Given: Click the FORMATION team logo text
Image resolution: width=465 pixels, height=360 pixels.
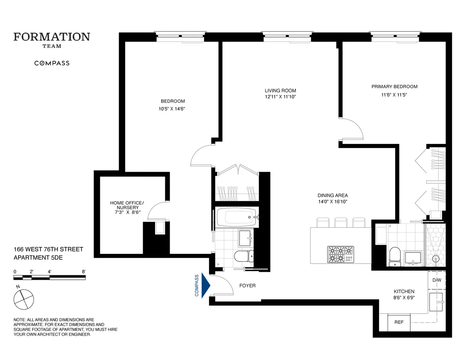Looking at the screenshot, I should tap(52, 37).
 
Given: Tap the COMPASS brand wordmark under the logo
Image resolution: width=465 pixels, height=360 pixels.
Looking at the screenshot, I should tap(52, 63).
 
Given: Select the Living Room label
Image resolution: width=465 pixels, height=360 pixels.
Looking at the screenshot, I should tap(280, 91).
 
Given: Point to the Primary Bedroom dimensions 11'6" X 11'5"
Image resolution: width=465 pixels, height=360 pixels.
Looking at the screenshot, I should tap(394, 95).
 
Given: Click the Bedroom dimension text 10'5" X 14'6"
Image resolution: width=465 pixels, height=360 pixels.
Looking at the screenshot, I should tap(172, 109).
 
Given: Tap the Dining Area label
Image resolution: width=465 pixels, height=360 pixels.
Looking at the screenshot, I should tap(332, 195).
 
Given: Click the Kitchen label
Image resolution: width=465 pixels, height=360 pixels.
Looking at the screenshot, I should tap(404, 292).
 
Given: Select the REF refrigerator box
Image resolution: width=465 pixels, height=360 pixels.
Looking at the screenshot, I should tap(399, 322).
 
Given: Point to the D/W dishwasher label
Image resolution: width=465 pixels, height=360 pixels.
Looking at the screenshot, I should tap(437, 280).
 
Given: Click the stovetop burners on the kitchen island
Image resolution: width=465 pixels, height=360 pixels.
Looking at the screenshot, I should tap(340, 254).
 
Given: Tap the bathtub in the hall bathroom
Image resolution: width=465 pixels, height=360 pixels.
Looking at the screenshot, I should tap(236, 217).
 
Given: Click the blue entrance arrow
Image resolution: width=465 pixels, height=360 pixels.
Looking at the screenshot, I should tap(205, 285).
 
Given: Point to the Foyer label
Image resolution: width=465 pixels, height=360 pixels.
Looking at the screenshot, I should tap(247, 286).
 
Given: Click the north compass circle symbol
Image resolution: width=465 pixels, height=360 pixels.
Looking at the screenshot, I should tap(24, 299).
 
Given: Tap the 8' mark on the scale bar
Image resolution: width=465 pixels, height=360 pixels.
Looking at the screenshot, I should tap(83, 272).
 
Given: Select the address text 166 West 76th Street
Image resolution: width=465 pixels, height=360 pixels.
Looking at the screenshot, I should tap(48, 249).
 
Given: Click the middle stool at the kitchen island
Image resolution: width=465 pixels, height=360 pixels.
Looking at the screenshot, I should tap(341, 222).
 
